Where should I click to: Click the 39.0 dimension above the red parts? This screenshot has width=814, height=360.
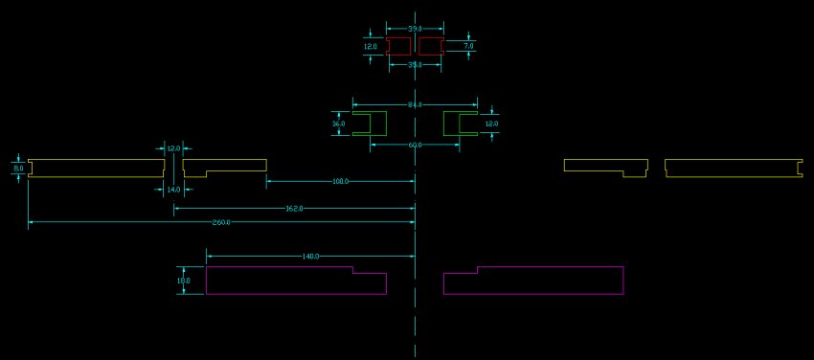point(415,30)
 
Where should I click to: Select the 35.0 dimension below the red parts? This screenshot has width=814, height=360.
point(415,65)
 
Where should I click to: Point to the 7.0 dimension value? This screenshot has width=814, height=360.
point(468,46)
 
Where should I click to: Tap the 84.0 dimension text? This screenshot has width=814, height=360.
point(415,104)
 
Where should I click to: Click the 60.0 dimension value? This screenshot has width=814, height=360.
point(415,145)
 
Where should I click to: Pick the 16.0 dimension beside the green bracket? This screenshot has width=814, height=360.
point(338,124)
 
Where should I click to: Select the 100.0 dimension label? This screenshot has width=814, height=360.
point(340,181)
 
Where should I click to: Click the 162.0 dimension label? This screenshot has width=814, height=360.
point(294,209)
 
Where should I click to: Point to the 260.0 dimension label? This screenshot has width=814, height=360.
point(221,223)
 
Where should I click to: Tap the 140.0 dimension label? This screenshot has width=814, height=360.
point(310,257)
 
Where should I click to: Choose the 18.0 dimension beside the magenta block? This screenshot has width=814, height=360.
point(184,281)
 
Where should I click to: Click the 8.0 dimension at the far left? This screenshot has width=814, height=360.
point(17,169)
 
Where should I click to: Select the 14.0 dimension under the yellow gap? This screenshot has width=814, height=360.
point(173,190)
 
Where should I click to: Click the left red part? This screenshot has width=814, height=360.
point(399,46)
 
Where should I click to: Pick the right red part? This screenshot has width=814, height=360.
point(430,46)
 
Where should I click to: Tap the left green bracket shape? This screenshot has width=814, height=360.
point(371,124)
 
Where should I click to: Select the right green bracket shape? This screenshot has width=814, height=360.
point(460,124)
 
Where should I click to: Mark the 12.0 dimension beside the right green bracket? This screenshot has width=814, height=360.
point(491,124)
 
